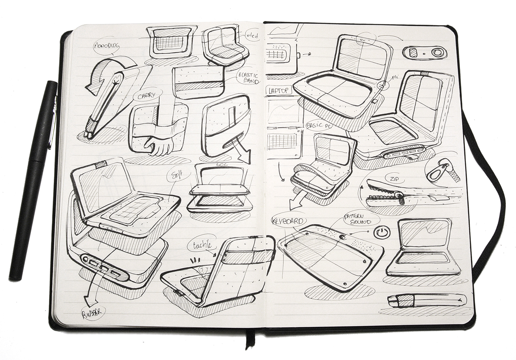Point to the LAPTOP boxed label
(279, 90)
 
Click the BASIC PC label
(320, 126)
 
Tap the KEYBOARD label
(287, 221)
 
